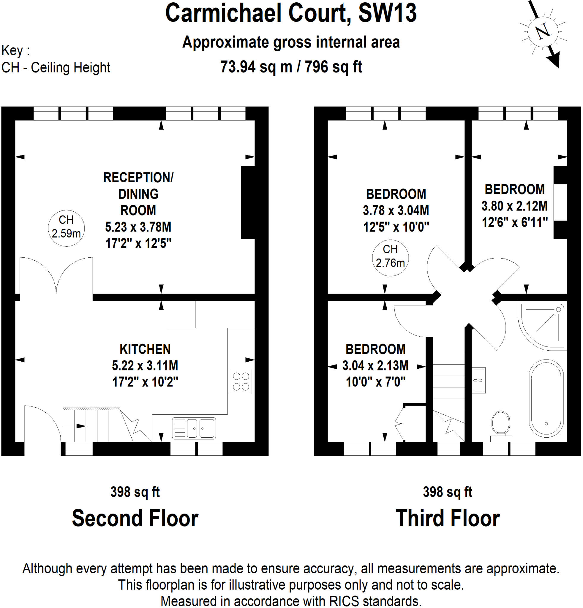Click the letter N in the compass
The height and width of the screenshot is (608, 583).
coord(543,31)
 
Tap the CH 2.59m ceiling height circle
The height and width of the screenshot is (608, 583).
coord(66,228)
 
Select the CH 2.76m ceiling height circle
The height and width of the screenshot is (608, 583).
coord(390,257)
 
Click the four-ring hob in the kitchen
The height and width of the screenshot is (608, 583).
coord(241,381)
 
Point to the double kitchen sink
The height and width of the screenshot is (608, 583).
coord(194,428)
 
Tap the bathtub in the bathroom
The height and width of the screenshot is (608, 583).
coord(546,399)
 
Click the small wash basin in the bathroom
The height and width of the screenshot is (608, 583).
coord(478,380)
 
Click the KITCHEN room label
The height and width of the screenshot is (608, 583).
coord(145,349)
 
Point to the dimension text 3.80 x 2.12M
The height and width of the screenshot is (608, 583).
coord(514,206)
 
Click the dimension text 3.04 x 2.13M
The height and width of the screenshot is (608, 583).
coord(375,365)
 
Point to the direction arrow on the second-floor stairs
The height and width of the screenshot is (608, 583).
coord(81,426)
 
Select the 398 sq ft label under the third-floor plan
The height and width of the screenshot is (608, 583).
coord(447,492)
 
